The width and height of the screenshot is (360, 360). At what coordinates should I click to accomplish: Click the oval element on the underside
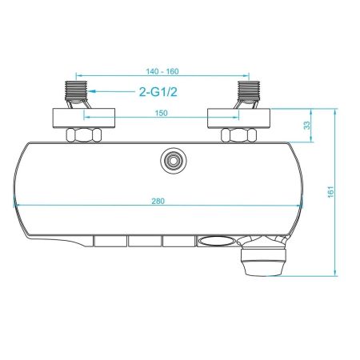(x=214, y=240)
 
